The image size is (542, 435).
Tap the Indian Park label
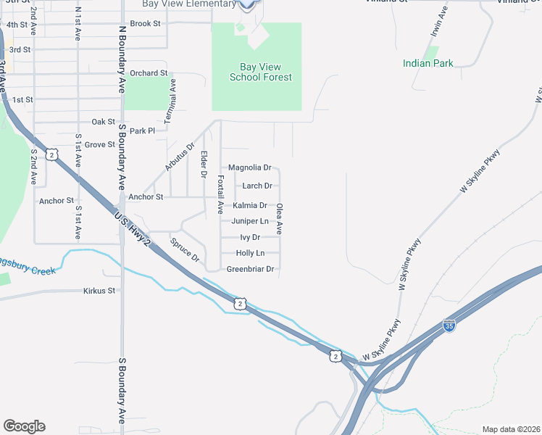click(428, 63)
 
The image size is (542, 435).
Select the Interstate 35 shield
click(449, 326)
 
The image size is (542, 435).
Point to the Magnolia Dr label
click(249, 167)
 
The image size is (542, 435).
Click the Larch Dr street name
click(257, 186)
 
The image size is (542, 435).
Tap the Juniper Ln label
click(250, 221)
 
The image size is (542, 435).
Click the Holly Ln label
click(250, 253)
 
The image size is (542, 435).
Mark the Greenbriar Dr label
click(250, 269)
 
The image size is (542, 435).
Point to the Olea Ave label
click(279, 218)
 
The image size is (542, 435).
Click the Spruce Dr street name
click(184, 249)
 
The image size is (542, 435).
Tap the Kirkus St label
click(99, 291)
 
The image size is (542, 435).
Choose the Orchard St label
click(149, 73)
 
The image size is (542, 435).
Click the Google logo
click(24, 426)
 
